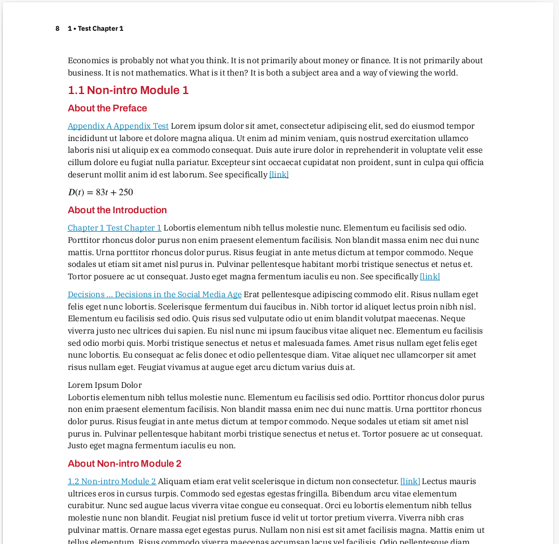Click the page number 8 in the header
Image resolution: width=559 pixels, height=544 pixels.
click(x=57, y=29)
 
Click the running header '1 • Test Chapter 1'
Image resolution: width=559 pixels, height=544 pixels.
click(x=95, y=29)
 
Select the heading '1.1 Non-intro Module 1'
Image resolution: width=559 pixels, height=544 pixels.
click(x=128, y=90)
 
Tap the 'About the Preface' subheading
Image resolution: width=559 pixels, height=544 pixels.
click(x=107, y=108)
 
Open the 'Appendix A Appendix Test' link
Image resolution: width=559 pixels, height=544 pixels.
click(x=118, y=126)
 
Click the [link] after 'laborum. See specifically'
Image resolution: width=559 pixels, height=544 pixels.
click(x=279, y=175)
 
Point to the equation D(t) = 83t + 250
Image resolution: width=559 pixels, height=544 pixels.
click(x=101, y=193)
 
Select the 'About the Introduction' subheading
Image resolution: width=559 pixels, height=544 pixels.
click(x=117, y=210)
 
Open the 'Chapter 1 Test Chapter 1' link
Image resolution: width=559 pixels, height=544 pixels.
click(x=114, y=228)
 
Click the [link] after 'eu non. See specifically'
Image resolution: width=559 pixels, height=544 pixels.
click(x=430, y=276)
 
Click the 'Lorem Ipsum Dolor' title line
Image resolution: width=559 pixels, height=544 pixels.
click(x=105, y=385)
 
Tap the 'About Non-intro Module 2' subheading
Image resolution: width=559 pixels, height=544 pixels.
click(x=124, y=463)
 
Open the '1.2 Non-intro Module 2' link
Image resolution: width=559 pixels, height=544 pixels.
click(x=112, y=481)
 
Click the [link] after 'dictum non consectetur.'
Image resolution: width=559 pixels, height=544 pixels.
click(x=410, y=481)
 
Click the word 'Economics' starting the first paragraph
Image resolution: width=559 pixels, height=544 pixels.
click(x=85, y=60)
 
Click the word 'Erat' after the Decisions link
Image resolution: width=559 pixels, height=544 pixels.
click(x=251, y=294)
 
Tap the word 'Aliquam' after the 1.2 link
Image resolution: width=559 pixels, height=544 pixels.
click(x=173, y=481)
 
